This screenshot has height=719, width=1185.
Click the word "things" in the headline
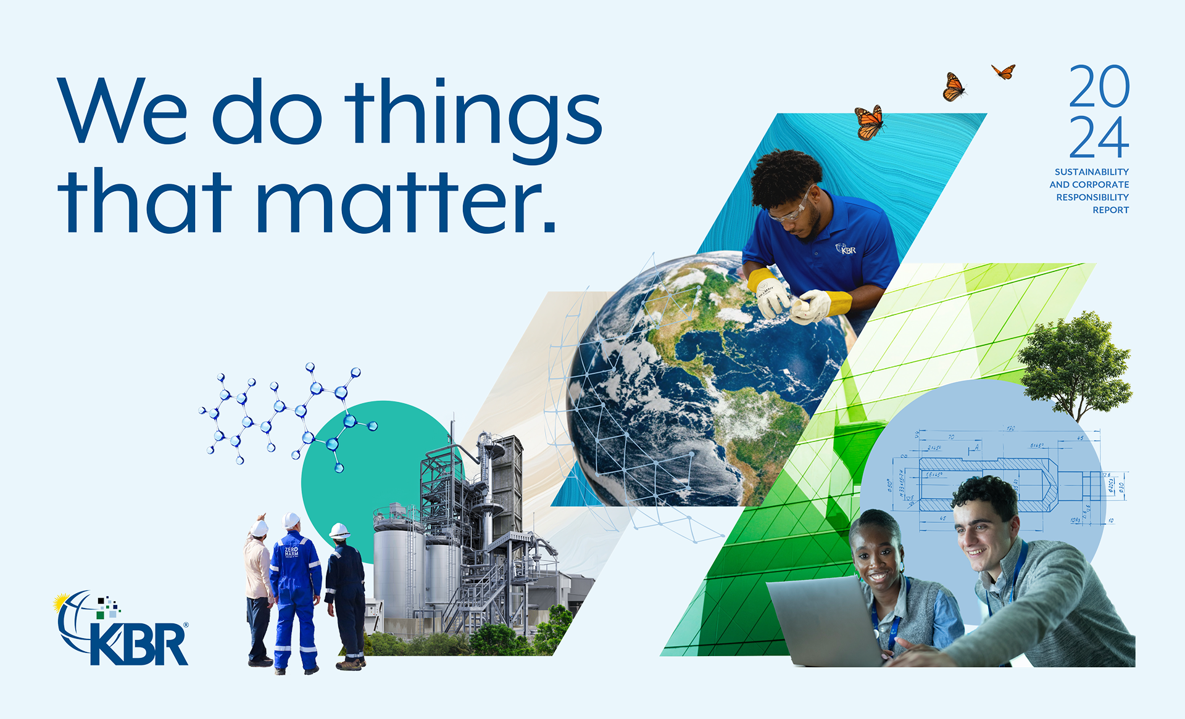click(x=472, y=117)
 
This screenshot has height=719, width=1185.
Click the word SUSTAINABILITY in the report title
click(x=1091, y=172)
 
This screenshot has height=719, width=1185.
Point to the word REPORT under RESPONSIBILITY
click(x=1110, y=210)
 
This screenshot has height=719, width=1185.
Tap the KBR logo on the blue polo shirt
click(x=846, y=249)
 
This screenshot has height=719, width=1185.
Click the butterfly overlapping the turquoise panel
click(x=869, y=122)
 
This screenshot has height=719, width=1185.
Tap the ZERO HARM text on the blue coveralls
click(x=291, y=551)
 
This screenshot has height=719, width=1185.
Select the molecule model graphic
click(x=287, y=413)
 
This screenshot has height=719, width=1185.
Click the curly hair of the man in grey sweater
click(x=984, y=493)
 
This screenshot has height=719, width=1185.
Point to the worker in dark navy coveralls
click(x=345, y=592)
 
